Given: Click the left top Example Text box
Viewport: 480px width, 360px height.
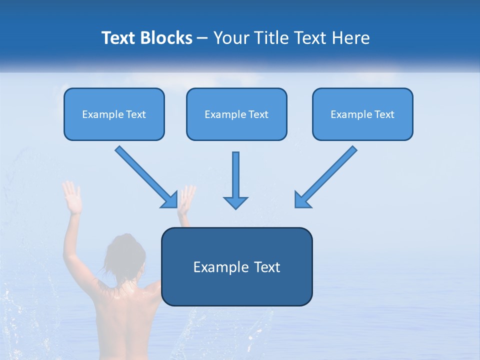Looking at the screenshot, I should [114, 114].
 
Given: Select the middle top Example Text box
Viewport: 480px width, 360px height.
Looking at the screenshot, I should [236, 114].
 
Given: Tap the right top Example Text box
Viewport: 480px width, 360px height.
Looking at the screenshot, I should [362, 114].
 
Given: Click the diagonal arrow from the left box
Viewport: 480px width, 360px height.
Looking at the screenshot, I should [145, 175].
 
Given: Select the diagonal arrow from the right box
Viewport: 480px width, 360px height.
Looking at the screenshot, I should [327, 175].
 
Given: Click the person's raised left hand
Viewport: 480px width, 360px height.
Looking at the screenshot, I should [71, 197].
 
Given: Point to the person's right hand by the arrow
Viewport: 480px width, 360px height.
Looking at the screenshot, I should [186, 199].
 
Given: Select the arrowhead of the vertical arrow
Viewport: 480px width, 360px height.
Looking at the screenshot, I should [235, 202].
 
